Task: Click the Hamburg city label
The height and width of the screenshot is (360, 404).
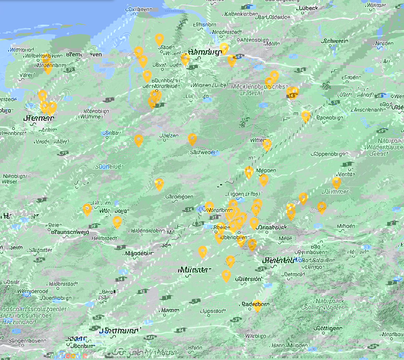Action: point(205,52)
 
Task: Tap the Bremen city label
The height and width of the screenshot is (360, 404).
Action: point(39,119)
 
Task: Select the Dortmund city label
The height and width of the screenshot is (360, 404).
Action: point(119,330)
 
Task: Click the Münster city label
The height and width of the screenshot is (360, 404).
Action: point(194,270)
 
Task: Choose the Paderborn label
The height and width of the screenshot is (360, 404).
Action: point(255,304)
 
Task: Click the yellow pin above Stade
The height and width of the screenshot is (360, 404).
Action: point(159,39)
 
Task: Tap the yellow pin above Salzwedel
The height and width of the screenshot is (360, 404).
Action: point(192,139)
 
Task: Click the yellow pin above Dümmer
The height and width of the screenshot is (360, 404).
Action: point(336,182)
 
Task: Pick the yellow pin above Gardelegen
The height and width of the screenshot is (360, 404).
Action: point(159,184)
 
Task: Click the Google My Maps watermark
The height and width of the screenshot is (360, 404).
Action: point(145,352)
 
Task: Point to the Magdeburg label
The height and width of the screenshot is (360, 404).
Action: point(139,253)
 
